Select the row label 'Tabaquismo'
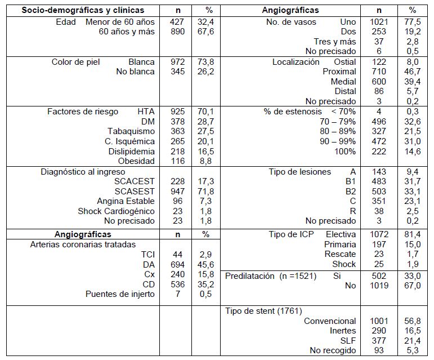(131, 131)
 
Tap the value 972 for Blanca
(177, 62)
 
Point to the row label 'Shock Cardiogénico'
(116, 211)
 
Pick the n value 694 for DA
(177, 264)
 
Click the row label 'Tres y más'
(335, 42)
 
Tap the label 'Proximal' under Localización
(339, 72)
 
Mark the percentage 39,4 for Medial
(413, 82)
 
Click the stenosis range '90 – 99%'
(338, 141)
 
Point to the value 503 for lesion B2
(379, 192)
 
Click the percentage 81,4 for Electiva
(413, 234)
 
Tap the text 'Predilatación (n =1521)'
(271, 276)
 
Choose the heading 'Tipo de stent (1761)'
(264, 310)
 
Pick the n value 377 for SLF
(379, 340)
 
